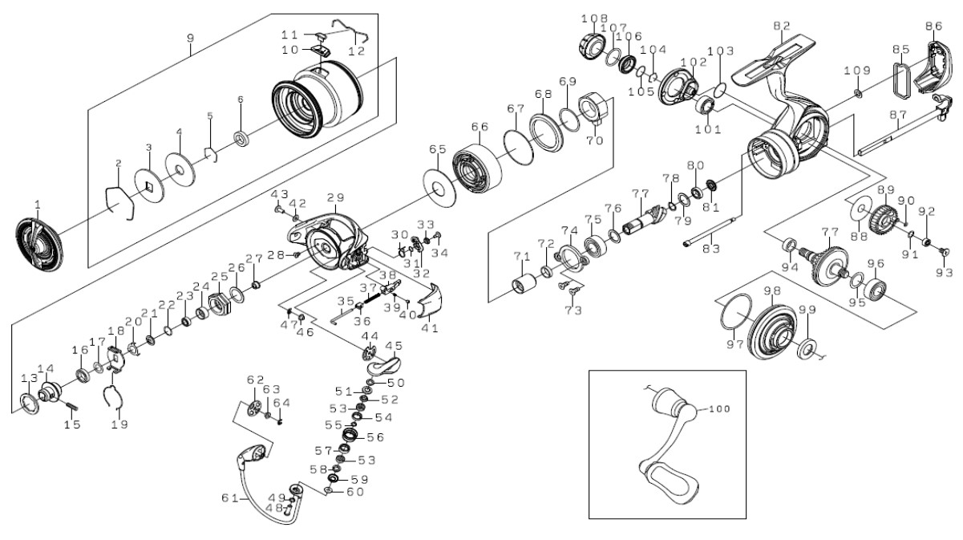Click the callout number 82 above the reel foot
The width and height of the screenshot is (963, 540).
pos(782,26)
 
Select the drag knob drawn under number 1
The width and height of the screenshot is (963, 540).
pos(38,246)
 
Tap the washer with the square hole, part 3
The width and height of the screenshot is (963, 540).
pos(149,186)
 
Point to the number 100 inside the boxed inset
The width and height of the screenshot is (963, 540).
pos(719,408)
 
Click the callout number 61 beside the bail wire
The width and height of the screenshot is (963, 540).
pos(229,497)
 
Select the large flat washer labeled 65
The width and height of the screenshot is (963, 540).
pos(439,188)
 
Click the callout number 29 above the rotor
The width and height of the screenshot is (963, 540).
pos(336,197)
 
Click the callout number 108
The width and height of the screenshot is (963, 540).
pos(595,18)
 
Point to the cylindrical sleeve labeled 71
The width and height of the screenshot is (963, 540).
pos(524,283)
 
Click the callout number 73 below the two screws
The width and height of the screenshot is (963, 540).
pos(573,311)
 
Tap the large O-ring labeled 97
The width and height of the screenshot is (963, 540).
pos(737,312)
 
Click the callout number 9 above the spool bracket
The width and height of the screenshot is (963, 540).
pos(191,38)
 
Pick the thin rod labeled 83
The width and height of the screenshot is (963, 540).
pos(709,233)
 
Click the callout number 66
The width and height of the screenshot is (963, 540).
pos(479,127)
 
